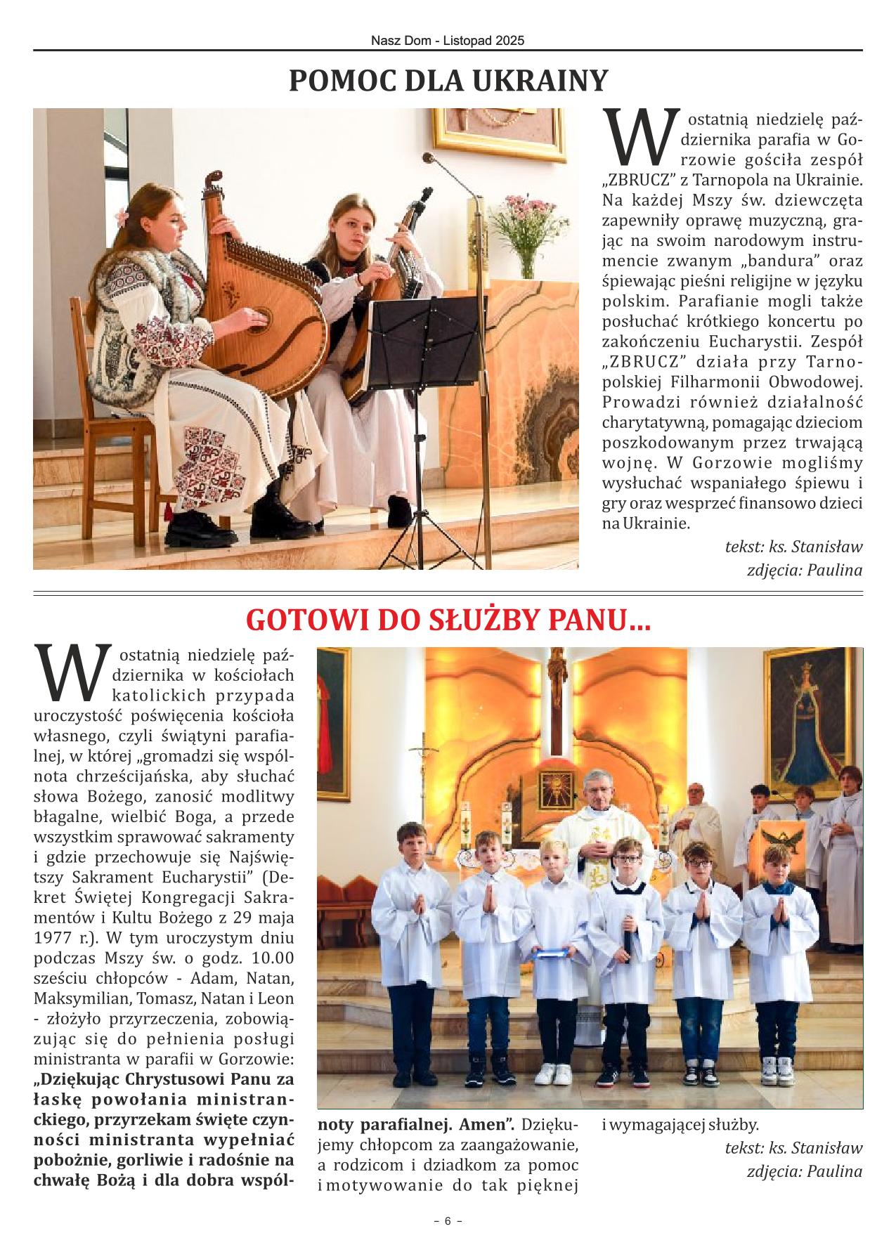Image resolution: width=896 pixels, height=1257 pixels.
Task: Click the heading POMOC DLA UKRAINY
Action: click(x=448, y=82)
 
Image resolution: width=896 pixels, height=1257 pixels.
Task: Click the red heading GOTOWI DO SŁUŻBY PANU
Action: click(x=448, y=620)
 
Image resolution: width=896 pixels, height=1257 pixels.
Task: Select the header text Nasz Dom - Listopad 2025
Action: click(x=448, y=41)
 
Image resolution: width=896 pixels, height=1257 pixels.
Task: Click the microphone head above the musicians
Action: click(x=430, y=159)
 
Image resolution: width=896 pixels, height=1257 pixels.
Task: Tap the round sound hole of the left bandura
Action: click(x=261, y=318)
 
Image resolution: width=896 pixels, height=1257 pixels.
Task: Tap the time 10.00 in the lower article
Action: click(x=271, y=958)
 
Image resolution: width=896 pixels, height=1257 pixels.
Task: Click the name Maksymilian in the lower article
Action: click(x=77, y=998)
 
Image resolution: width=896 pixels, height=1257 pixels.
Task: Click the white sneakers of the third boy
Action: click(x=554, y=1073)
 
